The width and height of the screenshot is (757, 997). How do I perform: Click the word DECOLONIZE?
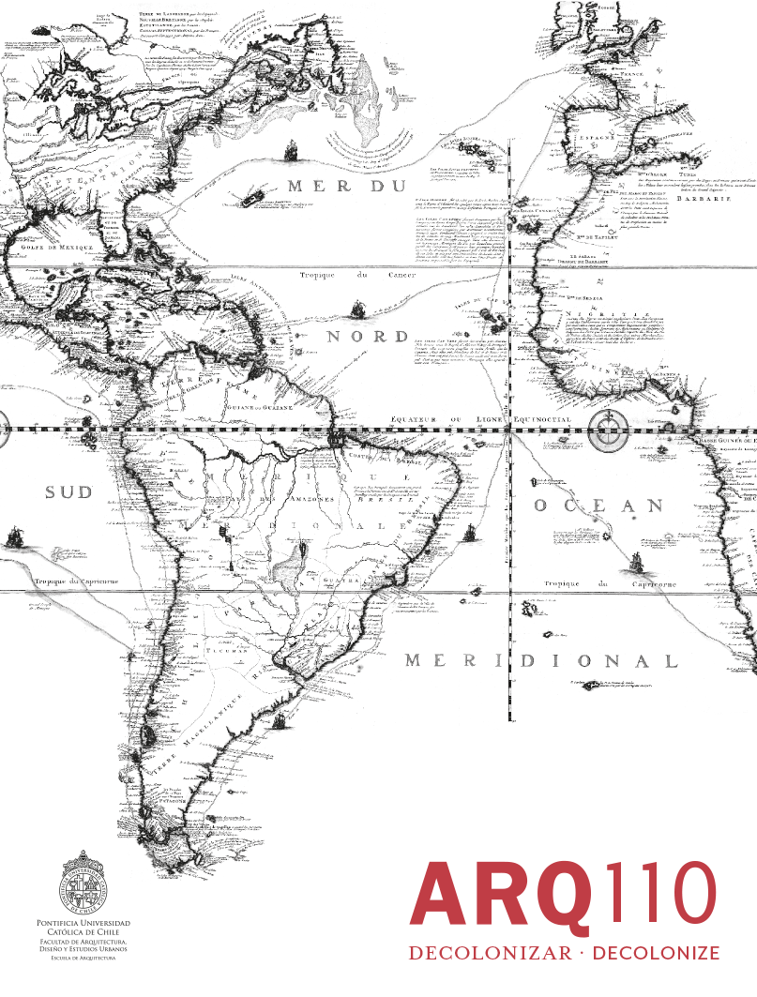coord(657,953)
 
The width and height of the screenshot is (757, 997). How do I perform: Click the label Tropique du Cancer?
coord(341,276)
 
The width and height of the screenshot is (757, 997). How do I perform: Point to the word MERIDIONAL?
coord(540,661)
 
